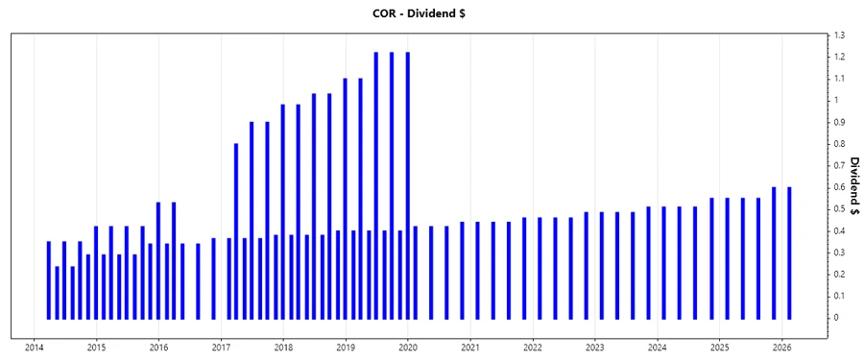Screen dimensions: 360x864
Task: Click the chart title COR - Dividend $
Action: coord(431,13)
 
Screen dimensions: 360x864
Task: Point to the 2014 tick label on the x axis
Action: coord(34,348)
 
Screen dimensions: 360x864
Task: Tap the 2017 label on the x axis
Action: coord(221,348)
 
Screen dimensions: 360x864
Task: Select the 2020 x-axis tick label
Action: coord(408,348)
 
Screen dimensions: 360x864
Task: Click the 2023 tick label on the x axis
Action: coord(595,348)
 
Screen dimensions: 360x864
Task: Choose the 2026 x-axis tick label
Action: coord(782,348)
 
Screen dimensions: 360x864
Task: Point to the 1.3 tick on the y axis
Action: coord(839,36)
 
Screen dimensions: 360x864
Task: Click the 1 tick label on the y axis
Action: coord(836,101)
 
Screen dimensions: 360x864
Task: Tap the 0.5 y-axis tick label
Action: coord(839,209)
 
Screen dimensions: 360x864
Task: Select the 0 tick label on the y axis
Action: coord(836,318)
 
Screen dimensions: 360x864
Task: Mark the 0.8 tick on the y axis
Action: coord(839,144)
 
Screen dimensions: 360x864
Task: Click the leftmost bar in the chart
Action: coord(48,279)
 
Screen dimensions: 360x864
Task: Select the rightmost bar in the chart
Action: coord(789,252)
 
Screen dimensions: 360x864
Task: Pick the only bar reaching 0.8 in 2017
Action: coord(236,230)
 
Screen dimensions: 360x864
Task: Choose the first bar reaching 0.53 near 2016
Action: coord(158,260)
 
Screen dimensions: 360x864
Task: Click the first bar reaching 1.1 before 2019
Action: coord(345,198)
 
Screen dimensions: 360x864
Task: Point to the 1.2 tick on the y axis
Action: coord(839,58)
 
